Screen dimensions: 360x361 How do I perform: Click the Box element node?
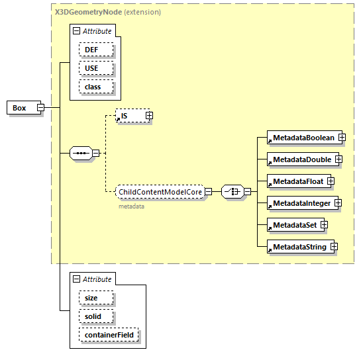[21, 108]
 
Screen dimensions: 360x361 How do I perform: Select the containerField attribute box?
[109, 335]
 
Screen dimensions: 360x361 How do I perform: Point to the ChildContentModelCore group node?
[159, 192]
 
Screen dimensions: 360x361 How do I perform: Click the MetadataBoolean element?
[302, 138]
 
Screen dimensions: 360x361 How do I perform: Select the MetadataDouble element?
[300, 159]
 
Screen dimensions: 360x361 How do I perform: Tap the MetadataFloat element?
[296, 181]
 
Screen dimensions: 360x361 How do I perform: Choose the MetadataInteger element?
[299, 203]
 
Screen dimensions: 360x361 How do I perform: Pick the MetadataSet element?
[293, 225]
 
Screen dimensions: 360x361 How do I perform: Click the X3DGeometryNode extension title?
[88, 12]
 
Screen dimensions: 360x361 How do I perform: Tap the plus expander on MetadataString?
[334, 247]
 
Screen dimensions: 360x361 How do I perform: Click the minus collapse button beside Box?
[40, 108]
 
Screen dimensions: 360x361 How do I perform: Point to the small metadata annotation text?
[132, 206]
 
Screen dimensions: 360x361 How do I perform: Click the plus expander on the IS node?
[149, 116]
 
